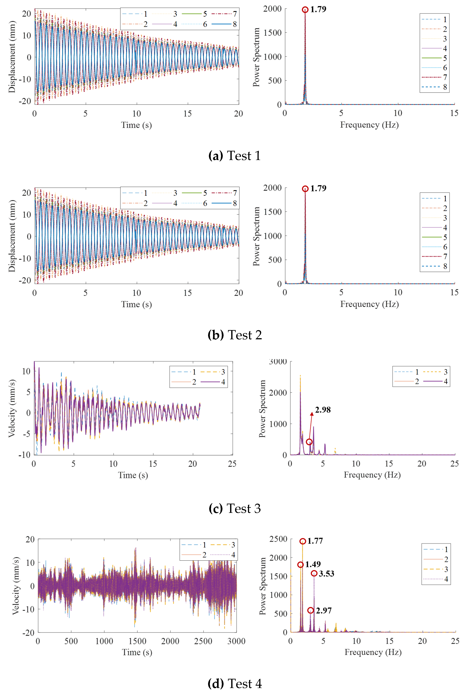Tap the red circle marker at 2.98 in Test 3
tap(309, 442)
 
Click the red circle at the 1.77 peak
tap(303, 541)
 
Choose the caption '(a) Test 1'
tap(234, 156)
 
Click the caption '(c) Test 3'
tap(234, 509)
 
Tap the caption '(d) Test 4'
tap(234, 684)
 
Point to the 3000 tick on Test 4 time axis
tap(236, 641)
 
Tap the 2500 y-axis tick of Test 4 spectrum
tap(278, 539)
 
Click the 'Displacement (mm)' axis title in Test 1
tap(12, 57)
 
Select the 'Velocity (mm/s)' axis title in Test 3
tap(12, 408)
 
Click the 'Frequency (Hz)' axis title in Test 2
tap(369, 304)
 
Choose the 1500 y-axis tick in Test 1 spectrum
tap(272, 33)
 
